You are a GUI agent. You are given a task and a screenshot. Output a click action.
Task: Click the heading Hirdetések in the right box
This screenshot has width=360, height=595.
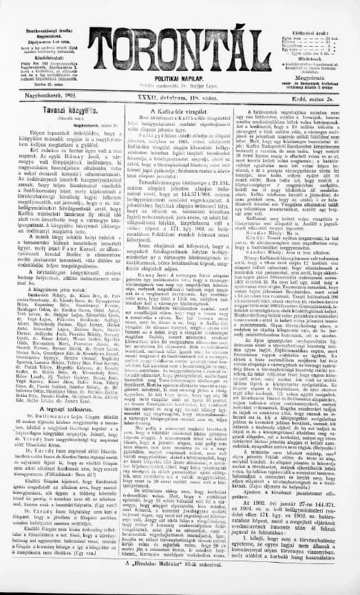pos(313,58)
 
